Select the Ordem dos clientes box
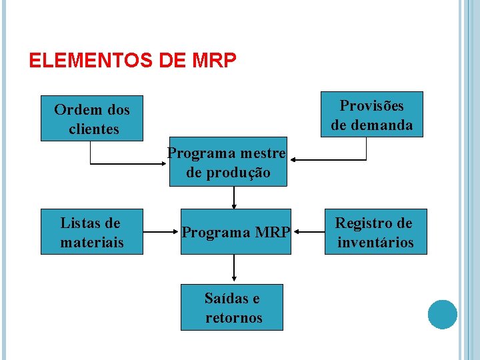point(92,119)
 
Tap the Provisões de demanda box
point(371,115)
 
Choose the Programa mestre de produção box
point(227,163)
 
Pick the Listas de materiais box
point(92,232)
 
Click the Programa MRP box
point(236,232)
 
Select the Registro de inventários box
point(375,232)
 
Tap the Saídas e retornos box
point(232,307)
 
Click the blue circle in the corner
point(442,314)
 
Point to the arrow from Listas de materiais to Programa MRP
point(161,233)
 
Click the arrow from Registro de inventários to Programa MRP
point(309,233)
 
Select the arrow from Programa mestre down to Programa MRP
point(234,197)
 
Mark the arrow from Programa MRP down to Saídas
point(234,269)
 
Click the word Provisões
point(371,105)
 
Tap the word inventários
point(375,242)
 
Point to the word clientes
point(93,129)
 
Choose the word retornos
point(233,317)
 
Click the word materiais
point(92,242)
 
